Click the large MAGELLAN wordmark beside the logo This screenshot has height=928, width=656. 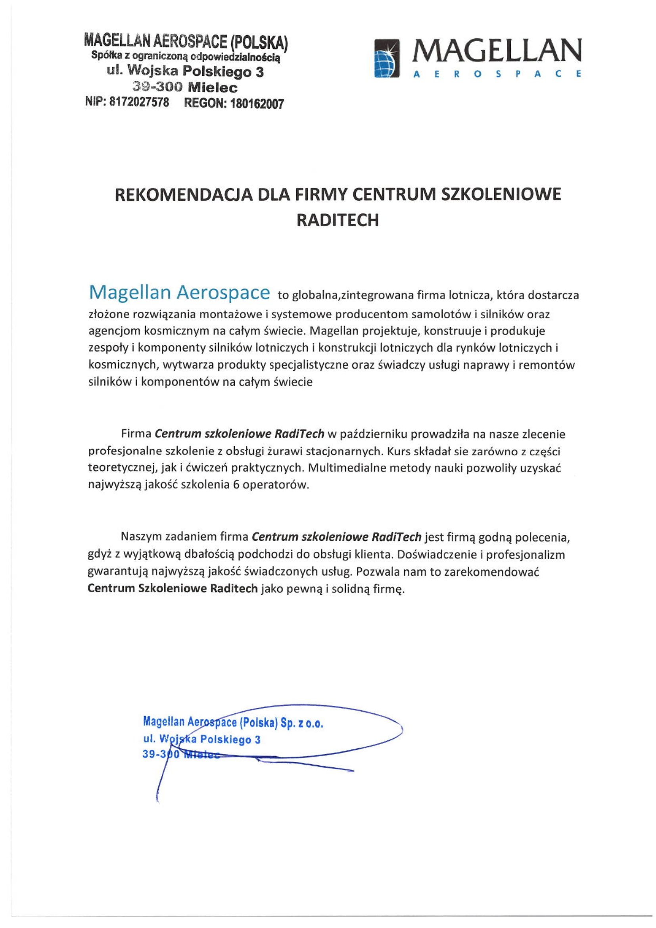(496, 50)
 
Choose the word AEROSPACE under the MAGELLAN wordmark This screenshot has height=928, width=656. (497, 74)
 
